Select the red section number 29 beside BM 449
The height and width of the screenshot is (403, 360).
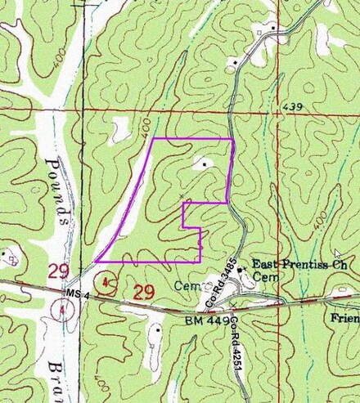click(144, 291)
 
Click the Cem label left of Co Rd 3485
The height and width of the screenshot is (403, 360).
click(186, 286)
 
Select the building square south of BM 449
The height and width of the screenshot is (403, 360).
click(155, 330)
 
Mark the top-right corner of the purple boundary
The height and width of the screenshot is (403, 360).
click(233, 139)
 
